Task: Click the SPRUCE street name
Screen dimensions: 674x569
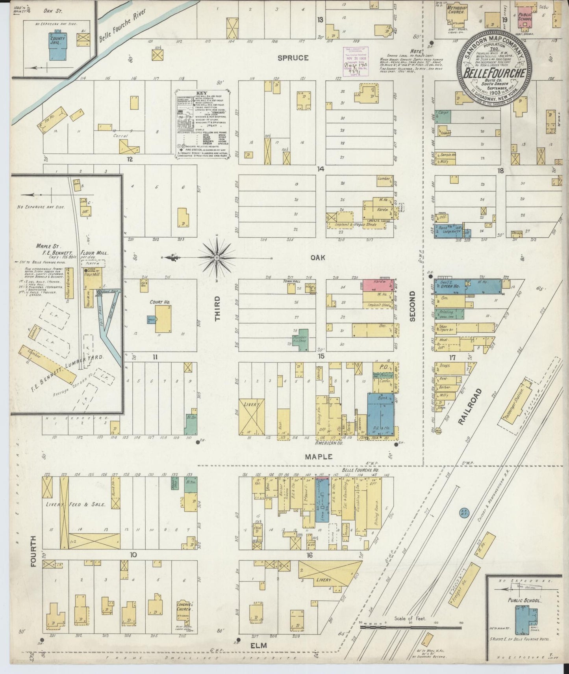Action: [x=293, y=58]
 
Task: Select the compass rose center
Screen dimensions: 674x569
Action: [x=217, y=258]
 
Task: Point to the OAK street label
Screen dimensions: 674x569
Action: [x=317, y=257]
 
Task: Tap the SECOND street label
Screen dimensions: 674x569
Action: [x=412, y=306]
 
